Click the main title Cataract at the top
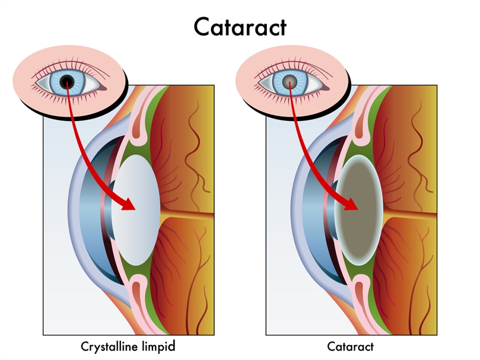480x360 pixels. (x=240, y=27)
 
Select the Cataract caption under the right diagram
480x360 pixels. (x=351, y=347)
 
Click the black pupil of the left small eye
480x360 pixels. (x=67, y=82)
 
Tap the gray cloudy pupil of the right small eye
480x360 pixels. (x=290, y=82)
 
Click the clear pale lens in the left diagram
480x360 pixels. (x=136, y=210)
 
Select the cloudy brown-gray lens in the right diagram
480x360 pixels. (x=358, y=210)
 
